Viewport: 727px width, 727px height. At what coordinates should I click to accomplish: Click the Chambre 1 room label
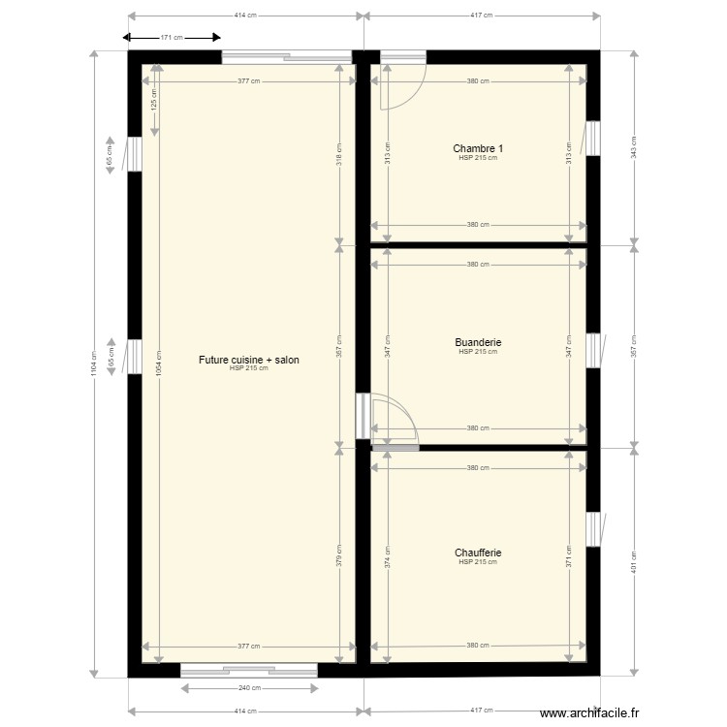477,148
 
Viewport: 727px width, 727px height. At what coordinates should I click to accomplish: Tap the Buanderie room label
477,342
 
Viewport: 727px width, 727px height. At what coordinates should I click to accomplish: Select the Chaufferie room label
477,553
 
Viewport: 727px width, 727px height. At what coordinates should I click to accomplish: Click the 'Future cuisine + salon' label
248,360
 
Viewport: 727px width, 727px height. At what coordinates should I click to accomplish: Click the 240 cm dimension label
248,687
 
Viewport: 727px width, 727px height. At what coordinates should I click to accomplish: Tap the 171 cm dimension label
172,38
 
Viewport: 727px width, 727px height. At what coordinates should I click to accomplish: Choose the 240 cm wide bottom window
248,669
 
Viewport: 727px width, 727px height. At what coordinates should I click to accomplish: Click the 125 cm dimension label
157,97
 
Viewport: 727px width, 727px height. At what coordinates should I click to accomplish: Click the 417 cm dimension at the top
481,16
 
